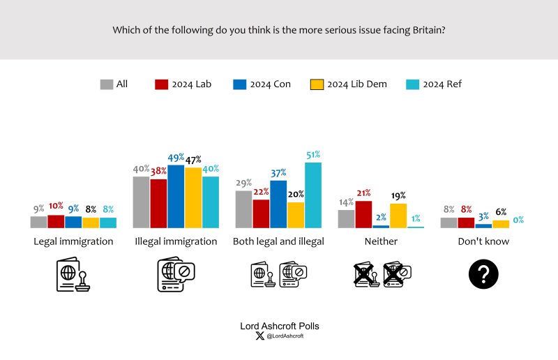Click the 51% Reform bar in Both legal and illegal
[313, 195]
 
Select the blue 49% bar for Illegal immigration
[176, 197]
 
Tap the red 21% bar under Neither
[363, 214]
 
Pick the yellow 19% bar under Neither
[398, 216]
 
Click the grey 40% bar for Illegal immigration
[142, 202]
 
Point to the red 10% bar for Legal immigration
[56, 221]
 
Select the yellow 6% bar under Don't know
[501, 224]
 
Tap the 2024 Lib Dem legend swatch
[316, 84]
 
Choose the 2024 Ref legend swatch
[412, 84]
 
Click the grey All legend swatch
[107, 84]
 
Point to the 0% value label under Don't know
[518, 220]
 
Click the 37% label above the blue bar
[278, 173]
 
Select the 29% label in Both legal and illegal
[243, 183]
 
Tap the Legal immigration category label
[73, 241]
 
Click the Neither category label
[380, 241]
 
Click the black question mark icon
[484, 273]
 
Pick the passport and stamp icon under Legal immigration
[73, 275]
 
